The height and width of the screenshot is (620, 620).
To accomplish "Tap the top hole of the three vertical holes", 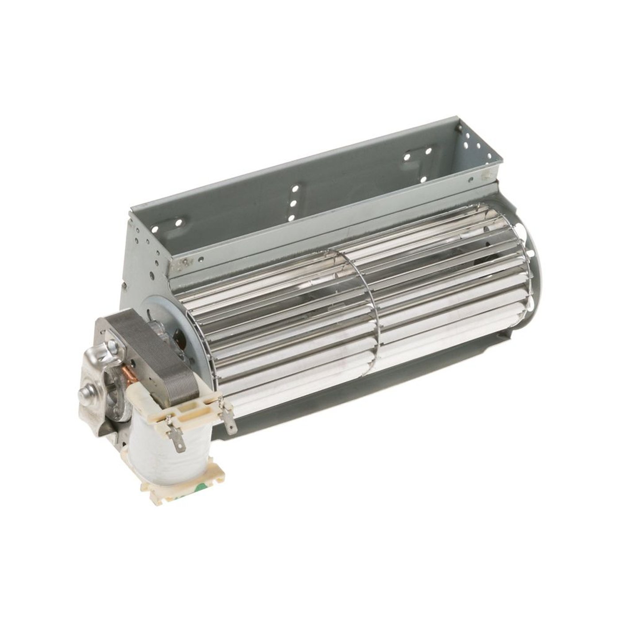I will pyautogui.click(x=294, y=190).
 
